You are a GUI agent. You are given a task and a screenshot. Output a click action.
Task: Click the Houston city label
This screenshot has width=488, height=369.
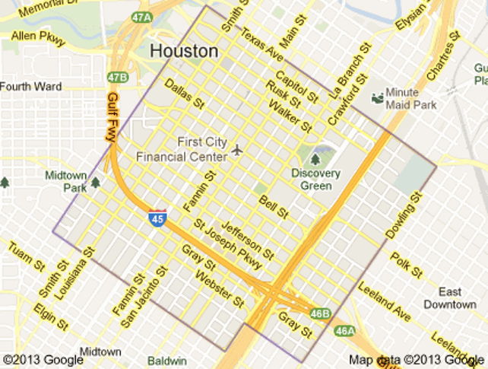(184, 51)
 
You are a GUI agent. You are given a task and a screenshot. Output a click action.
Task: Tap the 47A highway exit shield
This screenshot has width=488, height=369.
(141, 17)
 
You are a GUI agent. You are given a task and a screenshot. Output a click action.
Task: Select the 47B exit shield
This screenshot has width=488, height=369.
(117, 77)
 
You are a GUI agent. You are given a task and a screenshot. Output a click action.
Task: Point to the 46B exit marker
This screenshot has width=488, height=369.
(321, 313)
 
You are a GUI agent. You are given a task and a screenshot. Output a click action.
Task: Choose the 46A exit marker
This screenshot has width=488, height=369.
(344, 330)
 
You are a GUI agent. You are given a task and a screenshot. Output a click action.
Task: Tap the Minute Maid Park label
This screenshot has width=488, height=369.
(411, 98)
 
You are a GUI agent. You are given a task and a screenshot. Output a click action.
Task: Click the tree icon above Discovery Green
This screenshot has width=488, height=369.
(315, 159)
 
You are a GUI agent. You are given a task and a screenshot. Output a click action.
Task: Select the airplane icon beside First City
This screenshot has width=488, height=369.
(237, 150)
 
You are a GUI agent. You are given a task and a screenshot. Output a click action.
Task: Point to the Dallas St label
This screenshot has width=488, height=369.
(185, 94)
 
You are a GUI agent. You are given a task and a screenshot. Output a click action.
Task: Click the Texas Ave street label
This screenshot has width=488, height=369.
(262, 48)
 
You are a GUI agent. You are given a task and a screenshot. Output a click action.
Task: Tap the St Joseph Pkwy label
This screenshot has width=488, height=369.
(228, 244)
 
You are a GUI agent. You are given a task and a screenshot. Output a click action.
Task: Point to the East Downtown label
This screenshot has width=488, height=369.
(450, 298)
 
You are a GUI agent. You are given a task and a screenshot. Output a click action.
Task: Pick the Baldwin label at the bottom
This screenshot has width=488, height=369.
(167, 361)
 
